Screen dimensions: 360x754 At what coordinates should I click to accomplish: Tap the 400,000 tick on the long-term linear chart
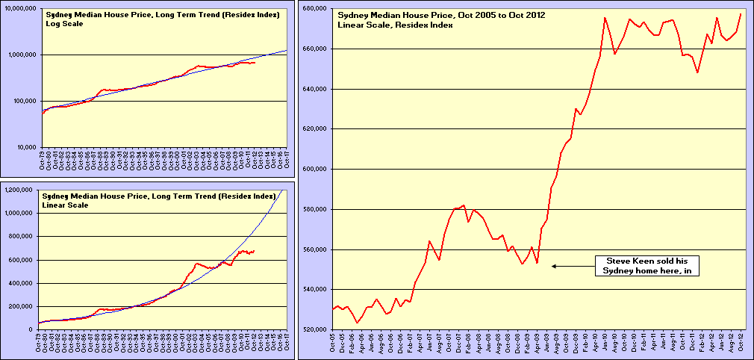[23, 283]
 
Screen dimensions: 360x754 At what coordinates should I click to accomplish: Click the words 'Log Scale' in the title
[65, 24]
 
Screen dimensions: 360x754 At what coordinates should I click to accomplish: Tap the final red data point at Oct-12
[741, 14]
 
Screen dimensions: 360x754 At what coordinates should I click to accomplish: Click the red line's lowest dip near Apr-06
[358, 323]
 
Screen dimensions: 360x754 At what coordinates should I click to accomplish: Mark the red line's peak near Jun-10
[605, 18]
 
